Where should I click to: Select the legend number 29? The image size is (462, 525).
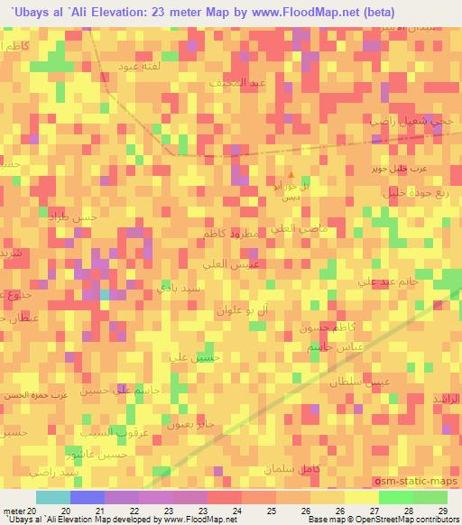point(442,510)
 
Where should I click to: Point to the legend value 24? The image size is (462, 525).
point(236,510)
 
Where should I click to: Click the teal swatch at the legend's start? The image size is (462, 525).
point(52,497)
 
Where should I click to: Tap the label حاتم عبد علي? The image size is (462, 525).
point(389,282)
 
